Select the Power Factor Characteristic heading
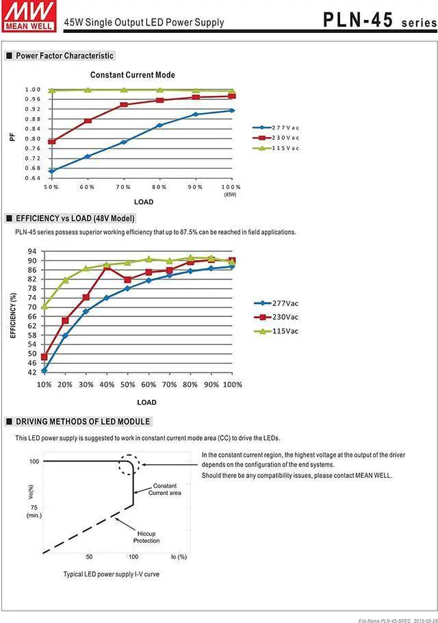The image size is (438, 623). point(64,55)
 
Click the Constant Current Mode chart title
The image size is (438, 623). point(133,75)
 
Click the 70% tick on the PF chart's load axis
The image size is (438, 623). point(123,187)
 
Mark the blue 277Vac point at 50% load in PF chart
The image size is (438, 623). point(51,171)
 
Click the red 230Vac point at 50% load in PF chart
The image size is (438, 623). point(51,142)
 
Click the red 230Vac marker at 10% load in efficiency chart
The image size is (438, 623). point(44,357)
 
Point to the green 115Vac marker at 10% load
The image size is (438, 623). point(44,306)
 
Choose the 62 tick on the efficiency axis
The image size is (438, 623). point(32,326)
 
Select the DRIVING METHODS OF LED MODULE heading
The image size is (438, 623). point(83,421)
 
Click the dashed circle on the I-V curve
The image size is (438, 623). point(128,465)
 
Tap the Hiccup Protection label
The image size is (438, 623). point(146,536)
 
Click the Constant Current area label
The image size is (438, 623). point(164,489)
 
